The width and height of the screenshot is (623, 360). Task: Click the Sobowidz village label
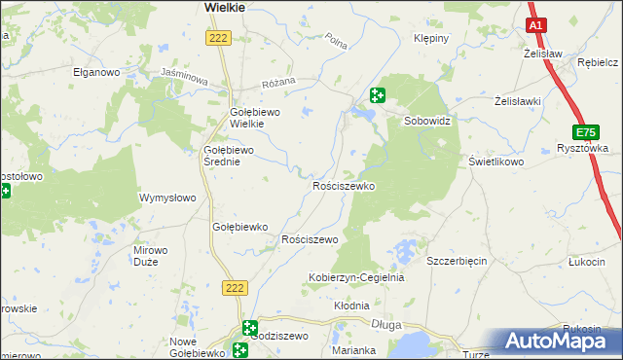pos(430,121)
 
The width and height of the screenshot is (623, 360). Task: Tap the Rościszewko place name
pos(343,185)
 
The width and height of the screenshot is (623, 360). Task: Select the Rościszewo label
pos(309,238)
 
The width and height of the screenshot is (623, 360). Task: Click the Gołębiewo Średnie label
pos(228,156)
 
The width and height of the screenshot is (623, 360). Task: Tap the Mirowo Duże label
pos(150,256)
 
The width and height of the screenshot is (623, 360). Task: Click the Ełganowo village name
pos(95,72)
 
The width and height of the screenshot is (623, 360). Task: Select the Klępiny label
pos(431,39)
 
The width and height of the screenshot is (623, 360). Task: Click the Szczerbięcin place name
pos(458,261)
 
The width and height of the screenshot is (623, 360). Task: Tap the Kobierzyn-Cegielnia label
pos(355,277)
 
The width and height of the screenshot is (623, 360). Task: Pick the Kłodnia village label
pos(351,305)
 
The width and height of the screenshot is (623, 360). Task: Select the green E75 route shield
pos(586,131)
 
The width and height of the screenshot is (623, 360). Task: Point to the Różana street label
pos(274,84)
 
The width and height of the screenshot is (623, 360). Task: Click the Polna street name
pos(337,42)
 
